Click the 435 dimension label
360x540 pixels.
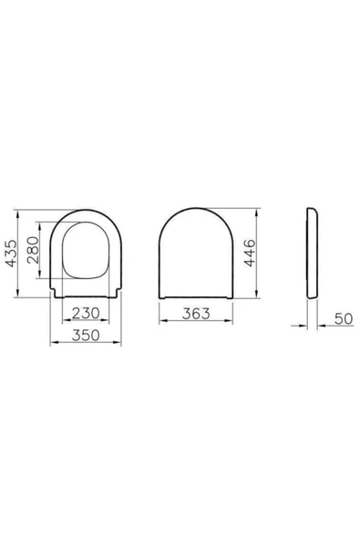click(x=11, y=254)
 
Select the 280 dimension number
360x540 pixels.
click(x=34, y=250)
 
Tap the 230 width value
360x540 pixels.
click(x=86, y=313)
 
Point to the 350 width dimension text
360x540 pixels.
click(x=86, y=335)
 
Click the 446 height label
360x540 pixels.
click(x=250, y=253)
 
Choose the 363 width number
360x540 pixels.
click(x=196, y=314)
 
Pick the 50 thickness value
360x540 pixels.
click(x=344, y=319)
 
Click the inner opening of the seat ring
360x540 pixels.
click(x=86, y=250)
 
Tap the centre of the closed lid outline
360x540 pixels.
click(x=196, y=254)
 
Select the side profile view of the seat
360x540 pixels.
click(x=313, y=254)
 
